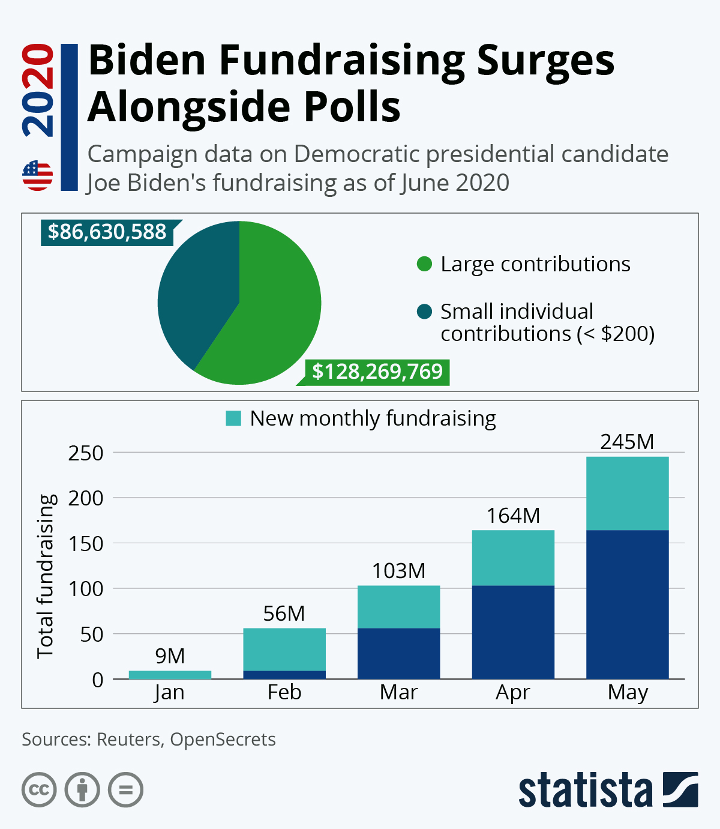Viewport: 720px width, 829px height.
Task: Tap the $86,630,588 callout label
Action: (x=107, y=232)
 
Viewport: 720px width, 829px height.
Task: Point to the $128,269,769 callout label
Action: (x=377, y=372)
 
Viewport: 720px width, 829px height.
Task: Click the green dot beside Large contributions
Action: (x=424, y=264)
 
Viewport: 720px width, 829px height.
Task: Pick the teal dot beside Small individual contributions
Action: (x=424, y=312)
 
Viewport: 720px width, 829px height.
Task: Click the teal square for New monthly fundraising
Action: (x=233, y=418)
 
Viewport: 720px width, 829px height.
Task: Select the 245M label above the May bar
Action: (x=627, y=442)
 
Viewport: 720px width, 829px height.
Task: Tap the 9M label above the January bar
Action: (x=170, y=656)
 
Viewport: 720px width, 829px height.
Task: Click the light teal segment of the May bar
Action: (x=627, y=493)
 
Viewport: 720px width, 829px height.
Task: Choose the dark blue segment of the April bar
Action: (x=513, y=632)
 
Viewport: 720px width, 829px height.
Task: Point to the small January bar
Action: (x=170, y=675)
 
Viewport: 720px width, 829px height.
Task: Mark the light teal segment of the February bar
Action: (x=284, y=650)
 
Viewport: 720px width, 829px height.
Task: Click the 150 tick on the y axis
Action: (x=86, y=544)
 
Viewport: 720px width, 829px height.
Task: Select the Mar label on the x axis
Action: (x=398, y=693)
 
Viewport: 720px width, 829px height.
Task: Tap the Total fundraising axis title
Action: (x=46, y=576)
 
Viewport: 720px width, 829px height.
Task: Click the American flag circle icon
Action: (x=38, y=175)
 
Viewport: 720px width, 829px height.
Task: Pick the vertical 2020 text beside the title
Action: (x=38, y=90)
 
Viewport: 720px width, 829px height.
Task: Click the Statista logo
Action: (x=608, y=790)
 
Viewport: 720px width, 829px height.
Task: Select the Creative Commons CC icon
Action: (x=39, y=789)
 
